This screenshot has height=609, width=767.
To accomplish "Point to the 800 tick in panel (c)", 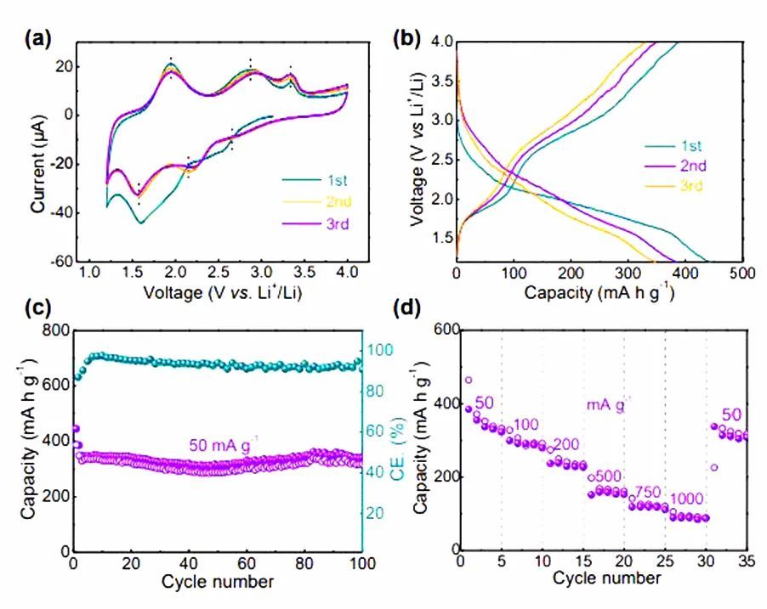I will pos(56,330).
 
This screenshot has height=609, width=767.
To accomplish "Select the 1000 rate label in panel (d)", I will pos(685,498).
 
